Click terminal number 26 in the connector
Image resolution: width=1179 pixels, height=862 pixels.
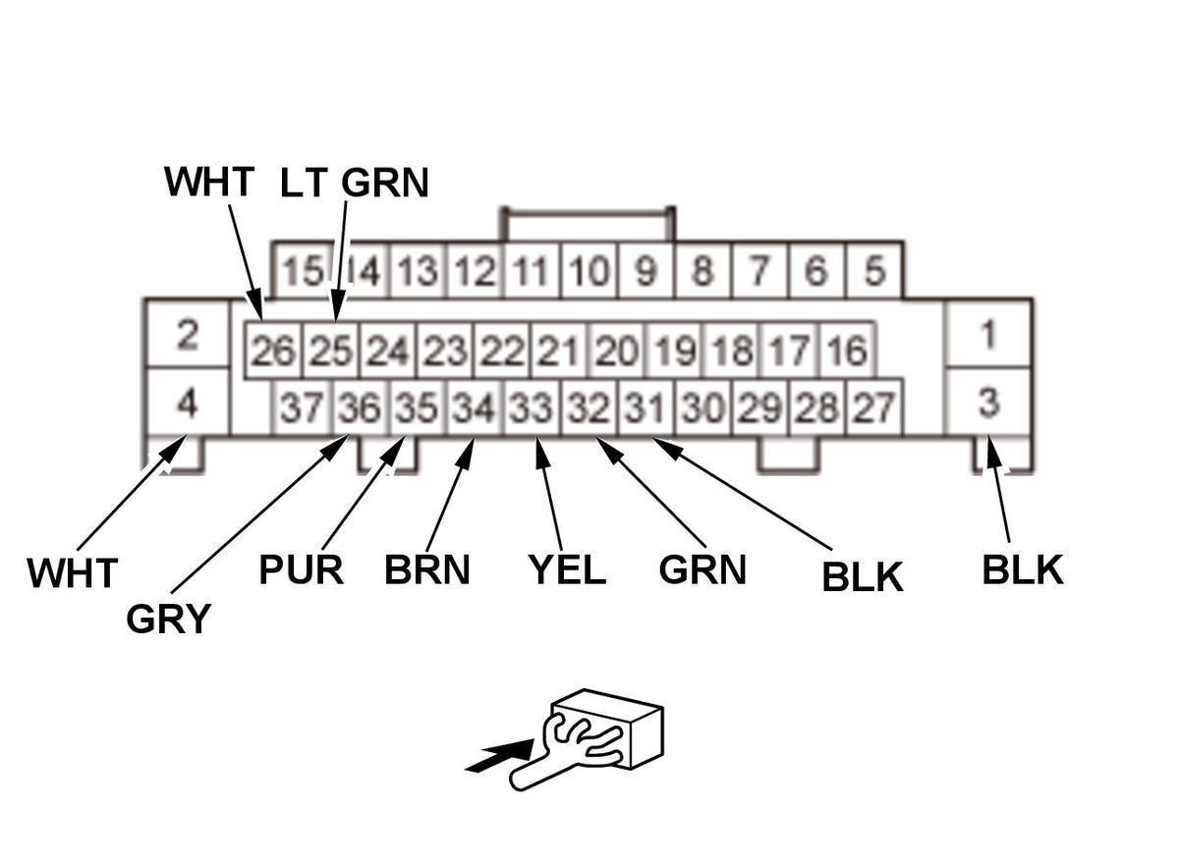273,350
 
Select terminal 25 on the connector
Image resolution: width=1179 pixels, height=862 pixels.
330,350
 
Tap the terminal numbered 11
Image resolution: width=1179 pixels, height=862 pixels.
532,270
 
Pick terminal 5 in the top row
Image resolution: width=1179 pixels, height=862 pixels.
873,270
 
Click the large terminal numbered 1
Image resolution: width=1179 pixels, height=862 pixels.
988,334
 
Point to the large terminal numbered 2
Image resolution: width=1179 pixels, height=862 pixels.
187,334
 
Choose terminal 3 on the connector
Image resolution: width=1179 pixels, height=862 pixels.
988,402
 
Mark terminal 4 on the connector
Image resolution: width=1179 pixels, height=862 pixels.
187,403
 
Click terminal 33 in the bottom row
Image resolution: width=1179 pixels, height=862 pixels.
532,407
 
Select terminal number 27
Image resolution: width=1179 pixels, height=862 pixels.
873,407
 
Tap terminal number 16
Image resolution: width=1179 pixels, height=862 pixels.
846,350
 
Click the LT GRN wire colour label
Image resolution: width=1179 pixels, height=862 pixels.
355,183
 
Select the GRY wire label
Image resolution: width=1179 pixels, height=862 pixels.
168,620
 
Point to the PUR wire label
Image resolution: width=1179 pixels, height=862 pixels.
301,569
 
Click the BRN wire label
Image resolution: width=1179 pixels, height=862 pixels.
427,569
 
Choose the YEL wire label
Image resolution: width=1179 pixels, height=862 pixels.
567,569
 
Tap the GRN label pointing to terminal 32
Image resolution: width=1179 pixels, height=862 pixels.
702,569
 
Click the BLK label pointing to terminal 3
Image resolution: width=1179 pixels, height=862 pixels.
1022,569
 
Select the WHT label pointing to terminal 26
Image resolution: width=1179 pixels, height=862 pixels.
209,182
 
